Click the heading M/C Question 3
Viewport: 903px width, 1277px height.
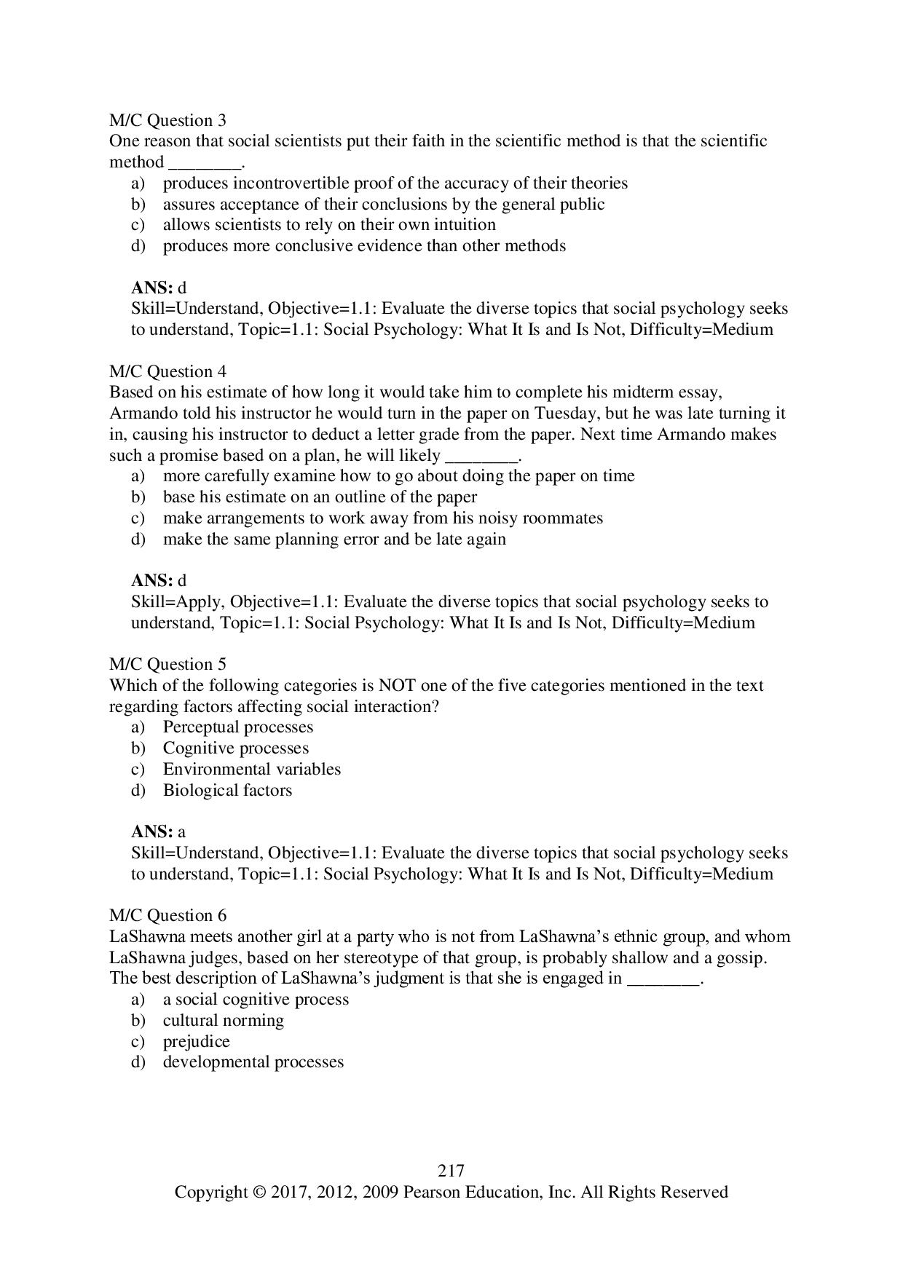167,120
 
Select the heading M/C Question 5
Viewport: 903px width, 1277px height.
167,664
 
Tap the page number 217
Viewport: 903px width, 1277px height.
451,1171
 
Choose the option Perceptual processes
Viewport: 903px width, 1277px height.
237,727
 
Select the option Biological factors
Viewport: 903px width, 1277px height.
227,791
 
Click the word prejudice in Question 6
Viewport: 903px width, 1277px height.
196,1042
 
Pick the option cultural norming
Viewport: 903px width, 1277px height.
223,1021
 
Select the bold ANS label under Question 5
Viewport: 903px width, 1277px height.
152,832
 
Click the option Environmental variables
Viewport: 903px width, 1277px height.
251,770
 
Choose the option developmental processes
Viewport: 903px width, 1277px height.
253,1062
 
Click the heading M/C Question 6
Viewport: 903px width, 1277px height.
167,915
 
